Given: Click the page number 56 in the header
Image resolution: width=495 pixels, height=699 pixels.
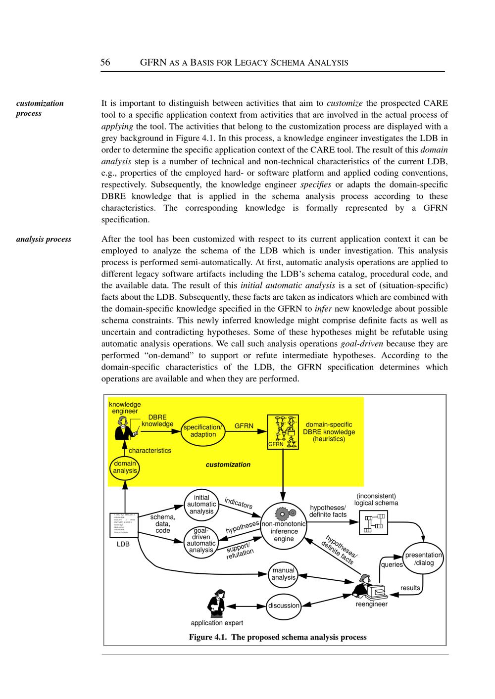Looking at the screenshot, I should [x=105, y=62].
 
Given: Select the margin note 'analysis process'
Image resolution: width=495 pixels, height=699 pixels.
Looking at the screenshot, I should [x=44, y=239].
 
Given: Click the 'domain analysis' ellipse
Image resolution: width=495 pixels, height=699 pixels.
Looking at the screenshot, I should [x=125, y=467].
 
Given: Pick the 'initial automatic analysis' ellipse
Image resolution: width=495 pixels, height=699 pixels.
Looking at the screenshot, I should [x=201, y=505].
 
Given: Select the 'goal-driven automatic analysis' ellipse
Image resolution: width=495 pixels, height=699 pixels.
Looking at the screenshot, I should [x=201, y=540].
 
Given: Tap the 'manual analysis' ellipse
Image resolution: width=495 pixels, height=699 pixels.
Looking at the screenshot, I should [x=284, y=574].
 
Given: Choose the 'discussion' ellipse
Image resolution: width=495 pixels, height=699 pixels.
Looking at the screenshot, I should [x=284, y=606].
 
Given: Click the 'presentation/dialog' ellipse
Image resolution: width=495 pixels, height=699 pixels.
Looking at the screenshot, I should [x=424, y=559].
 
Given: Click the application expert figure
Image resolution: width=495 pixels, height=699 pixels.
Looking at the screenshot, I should [x=215, y=603].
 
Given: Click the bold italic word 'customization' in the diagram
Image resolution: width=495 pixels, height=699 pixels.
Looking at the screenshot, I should [x=228, y=465].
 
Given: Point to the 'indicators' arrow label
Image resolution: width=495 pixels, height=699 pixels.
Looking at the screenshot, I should [x=239, y=503].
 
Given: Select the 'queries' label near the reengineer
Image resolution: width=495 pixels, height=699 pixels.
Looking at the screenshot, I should [x=392, y=564].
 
